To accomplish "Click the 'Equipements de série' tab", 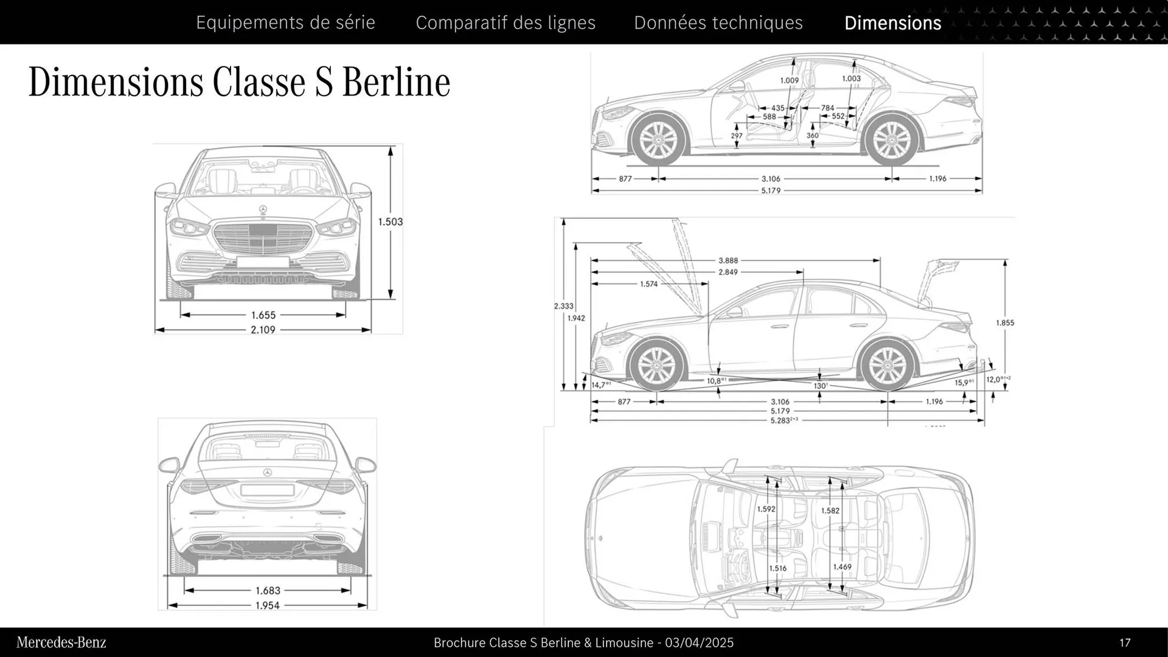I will point(285,23).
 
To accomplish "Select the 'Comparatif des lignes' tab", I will point(506,23).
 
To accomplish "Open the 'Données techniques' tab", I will point(718,23).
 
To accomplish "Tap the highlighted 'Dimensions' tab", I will point(892,23).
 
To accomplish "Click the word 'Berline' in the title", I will point(396,82).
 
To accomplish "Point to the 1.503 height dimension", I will point(390,221).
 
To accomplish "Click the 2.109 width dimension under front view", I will point(263,330).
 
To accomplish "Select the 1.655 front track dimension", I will point(263,315).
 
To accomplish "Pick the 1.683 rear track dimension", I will point(268,591).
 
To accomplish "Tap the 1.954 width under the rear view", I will point(268,605).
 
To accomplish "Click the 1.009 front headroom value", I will point(789,80).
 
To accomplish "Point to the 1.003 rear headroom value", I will point(851,78).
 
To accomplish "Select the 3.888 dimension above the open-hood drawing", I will point(728,260).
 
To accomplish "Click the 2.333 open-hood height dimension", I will point(563,306).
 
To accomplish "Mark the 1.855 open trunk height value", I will point(1005,323).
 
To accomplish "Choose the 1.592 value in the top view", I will point(766,509).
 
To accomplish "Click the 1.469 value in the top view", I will point(842,566).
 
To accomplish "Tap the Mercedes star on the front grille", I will point(263,210).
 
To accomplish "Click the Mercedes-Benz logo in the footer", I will point(61,642).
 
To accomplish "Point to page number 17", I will point(1124,642).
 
